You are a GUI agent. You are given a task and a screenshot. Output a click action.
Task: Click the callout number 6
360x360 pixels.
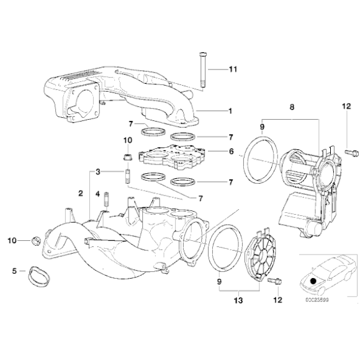click(x=230, y=151)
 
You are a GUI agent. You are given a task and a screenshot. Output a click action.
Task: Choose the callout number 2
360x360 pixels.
click(x=81, y=194)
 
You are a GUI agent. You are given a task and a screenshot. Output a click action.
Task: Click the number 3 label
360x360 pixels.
click(x=97, y=171)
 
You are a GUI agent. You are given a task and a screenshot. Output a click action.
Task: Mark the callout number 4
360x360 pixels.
click(x=97, y=194)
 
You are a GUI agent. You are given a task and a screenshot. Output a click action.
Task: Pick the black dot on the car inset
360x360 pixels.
click(x=314, y=280)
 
